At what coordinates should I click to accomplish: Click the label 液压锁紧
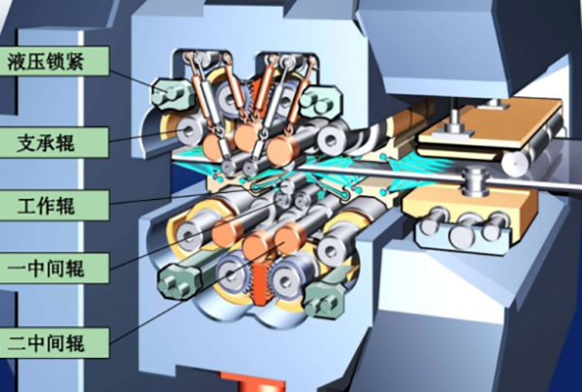point(46,62)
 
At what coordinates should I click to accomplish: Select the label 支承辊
point(46,143)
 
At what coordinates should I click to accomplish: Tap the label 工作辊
point(46,206)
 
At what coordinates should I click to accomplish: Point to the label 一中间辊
point(46,268)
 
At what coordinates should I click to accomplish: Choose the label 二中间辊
point(46,343)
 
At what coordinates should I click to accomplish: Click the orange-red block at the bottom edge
point(253,382)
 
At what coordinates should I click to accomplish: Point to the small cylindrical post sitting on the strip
point(472,180)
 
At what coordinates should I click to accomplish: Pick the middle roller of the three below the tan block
point(464,229)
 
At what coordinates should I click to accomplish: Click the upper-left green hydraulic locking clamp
point(171,93)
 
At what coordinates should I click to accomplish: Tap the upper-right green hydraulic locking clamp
point(320,97)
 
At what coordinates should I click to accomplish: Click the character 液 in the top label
point(17,62)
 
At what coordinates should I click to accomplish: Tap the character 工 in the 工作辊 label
point(27,206)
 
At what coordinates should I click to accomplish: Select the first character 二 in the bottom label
point(17,343)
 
